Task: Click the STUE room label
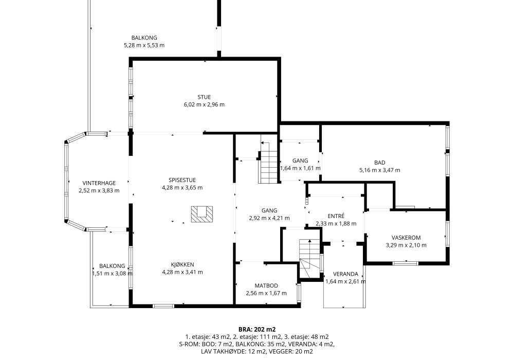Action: [x=204, y=97]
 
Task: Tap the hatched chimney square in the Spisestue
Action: [x=202, y=214]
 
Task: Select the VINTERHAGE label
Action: [x=99, y=183]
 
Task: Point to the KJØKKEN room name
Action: [x=182, y=264]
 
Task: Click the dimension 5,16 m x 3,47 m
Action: [x=380, y=170]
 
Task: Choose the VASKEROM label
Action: [x=406, y=238]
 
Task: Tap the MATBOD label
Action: [x=266, y=286]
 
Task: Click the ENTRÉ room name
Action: [x=336, y=217]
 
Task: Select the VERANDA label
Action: [x=345, y=274]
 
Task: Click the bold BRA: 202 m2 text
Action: [x=257, y=330]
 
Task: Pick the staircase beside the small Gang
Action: [x=268, y=163]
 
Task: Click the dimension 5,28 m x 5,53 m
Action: [x=144, y=45]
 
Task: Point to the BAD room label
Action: [x=380, y=163]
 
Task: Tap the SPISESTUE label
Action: [x=182, y=180]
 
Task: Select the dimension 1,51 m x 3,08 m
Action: [x=113, y=274]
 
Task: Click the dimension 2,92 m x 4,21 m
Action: [x=269, y=218]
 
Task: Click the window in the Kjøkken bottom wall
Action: [x=163, y=306]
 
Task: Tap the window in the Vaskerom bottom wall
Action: [x=406, y=263]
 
